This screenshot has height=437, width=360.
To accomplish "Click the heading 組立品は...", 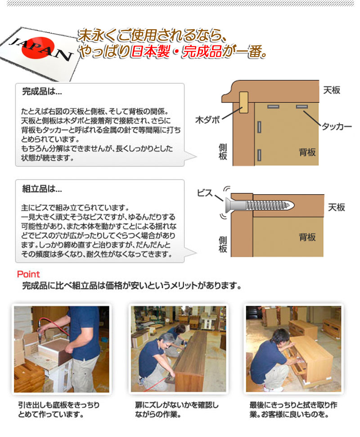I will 42,189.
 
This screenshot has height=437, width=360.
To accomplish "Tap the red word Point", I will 28,274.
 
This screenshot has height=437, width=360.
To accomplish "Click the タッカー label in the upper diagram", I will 336,127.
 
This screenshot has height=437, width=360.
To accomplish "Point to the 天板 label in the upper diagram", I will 332,90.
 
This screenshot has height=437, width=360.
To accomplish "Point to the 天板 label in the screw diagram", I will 336,207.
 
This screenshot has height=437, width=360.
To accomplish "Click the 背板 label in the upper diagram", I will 307,152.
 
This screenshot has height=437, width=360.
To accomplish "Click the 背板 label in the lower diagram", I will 307,237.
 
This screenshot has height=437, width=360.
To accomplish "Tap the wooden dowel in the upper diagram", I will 244,102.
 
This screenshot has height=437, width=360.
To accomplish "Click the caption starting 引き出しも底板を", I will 58,409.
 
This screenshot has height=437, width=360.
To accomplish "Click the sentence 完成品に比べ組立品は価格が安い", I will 131,285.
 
